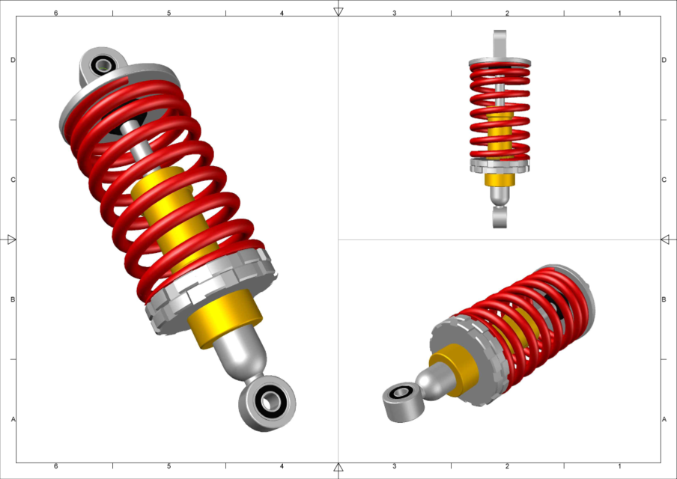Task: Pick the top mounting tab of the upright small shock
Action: click(x=500, y=43)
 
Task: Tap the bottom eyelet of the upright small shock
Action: click(x=500, y=218)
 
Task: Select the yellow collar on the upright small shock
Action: click(x=500, y=180)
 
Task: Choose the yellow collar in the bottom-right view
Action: click(x=453, y=370)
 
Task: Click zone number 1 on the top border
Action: click(x=619, y=13)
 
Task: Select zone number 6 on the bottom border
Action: click(x=56, y=466)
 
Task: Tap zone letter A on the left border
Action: click(x=13, y=419)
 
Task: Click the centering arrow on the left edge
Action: click(x=11, y=239)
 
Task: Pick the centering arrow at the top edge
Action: click(x=338, y=11)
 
